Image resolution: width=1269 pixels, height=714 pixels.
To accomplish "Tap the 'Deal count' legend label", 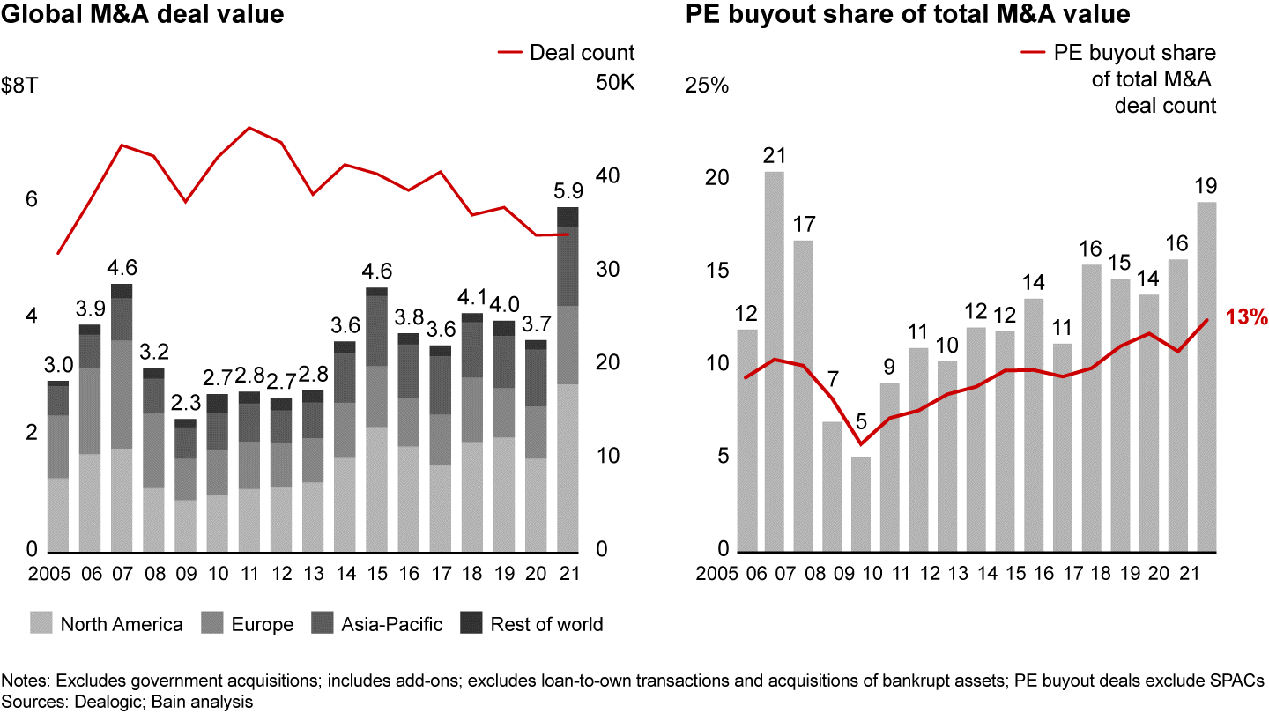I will tap(582, 53).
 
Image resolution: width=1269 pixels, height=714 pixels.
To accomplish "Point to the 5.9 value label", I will tap(567, 190).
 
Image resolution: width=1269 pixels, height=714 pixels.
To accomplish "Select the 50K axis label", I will tap(615, 84).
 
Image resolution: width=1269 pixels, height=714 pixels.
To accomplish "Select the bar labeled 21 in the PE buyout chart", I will tap(775, 361).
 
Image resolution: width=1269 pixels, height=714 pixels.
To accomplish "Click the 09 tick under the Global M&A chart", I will tap(185, 574).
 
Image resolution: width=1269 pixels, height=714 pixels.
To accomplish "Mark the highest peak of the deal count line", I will tap(249, 128).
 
